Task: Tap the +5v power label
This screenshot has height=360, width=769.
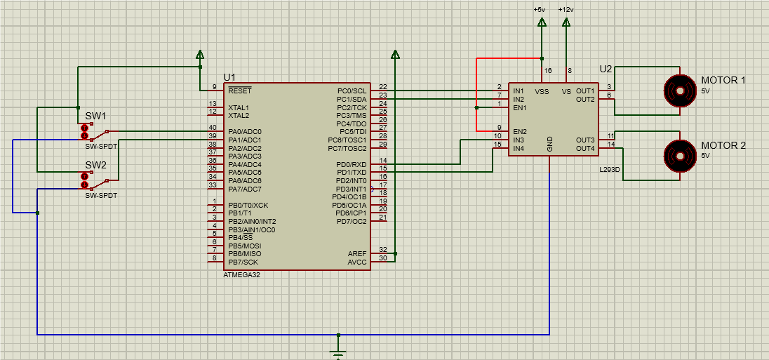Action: point(539,10)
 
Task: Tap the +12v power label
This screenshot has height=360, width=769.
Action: point(566,10)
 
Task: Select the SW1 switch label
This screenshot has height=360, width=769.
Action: point(95,116)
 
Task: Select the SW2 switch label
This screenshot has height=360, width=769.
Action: point(95,166)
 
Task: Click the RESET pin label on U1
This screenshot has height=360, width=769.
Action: point(240,91)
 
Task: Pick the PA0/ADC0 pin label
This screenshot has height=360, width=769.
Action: point(244,132)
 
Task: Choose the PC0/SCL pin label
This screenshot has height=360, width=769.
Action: point(352,91)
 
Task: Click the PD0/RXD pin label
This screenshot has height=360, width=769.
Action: point(352,164)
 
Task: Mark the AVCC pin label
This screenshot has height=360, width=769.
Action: point(357,262)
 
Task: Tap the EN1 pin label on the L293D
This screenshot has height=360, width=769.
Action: point(520,108)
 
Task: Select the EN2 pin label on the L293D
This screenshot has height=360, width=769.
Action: point(520,132)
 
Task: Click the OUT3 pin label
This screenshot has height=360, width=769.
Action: point(585,140)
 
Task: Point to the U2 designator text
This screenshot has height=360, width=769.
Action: point(606,69)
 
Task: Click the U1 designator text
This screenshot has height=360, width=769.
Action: point(229,76)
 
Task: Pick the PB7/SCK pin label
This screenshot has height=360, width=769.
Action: point(242,262)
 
